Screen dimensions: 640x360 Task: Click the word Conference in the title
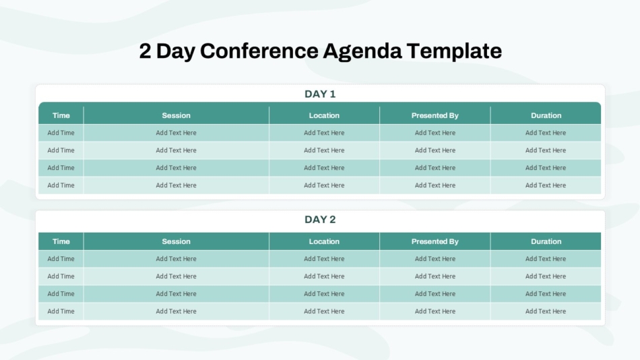point(259,51)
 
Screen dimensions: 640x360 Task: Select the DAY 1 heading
point(320,94)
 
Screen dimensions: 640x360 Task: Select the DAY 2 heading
point(320,219)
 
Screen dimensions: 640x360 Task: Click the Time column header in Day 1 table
point(61,116)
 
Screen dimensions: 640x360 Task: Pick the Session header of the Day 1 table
point(176,116)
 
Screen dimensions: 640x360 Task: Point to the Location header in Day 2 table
point(324,241)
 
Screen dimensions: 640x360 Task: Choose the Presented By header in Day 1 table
point(435,116)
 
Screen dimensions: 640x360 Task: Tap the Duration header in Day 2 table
point(546,241)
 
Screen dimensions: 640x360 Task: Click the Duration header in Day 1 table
point(546,116)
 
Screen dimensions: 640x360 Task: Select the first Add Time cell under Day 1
point(61,133)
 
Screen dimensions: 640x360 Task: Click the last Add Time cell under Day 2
point(61,311)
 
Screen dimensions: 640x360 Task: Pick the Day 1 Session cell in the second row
point(176,150)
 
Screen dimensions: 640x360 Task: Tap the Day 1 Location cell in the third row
point(324,168)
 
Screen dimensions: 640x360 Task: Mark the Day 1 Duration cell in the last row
point(546,185)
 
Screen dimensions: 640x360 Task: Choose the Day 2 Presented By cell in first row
point(435,259)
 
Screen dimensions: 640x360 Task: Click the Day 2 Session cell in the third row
point(176,294)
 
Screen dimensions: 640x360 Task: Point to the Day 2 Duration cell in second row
point(546,276)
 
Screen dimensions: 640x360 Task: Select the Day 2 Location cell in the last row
point(324,311)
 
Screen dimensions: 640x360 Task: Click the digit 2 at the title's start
point(145,51)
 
